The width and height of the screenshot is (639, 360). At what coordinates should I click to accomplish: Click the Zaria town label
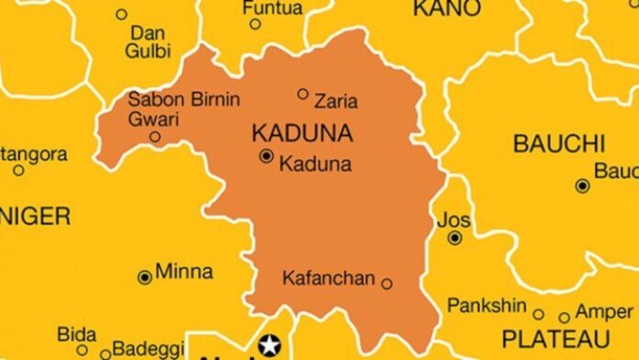[x=335, y=101]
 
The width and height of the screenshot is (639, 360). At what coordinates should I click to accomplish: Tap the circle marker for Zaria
[x=303, y=93]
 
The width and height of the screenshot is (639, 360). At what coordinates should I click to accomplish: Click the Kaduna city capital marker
[x=266, y=157]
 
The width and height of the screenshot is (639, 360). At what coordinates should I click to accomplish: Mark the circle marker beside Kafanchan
[x=387, y=284]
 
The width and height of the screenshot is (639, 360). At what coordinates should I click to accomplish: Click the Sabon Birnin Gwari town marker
[x=155, y=137]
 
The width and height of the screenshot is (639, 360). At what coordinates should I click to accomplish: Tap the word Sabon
[x=151, y=99]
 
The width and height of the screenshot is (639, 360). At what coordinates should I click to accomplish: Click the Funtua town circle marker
[x=255, y=24]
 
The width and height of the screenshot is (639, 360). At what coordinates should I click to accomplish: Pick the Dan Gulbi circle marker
[x=121, y=14]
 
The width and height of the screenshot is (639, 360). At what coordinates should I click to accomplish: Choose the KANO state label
[x=446, y=9]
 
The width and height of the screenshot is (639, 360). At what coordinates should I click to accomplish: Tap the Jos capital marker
[x=454, y=238]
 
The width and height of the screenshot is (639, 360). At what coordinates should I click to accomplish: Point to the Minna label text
[x=184, y=271]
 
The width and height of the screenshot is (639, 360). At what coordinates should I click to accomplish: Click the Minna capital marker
[x=144, y=276]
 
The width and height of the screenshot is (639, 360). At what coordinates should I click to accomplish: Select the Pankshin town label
[x=487, y=305]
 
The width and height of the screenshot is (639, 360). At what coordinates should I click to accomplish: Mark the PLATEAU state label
[x=556, y=337]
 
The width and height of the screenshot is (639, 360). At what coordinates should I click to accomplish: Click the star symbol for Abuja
[x=269, y=346]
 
